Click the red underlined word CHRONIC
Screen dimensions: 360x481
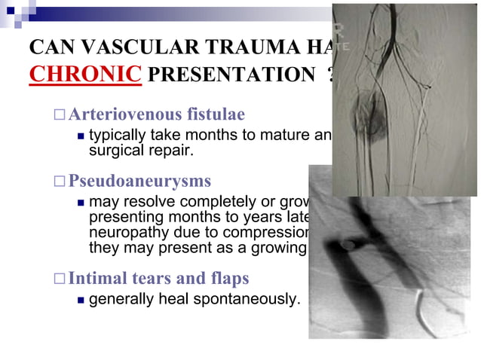(x=84, y=75)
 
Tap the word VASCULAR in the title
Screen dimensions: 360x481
(x=135, y=47)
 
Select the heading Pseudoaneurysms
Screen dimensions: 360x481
(x=139, y=182)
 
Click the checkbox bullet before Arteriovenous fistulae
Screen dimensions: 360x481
(x=60, y=115)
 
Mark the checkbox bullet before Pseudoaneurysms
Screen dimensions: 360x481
(x=60, y=182)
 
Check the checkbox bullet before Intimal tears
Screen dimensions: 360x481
(x=60, y=279)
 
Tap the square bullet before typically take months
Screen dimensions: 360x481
(x=80, y=136)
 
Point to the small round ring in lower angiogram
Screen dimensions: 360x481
(x=348, y=244)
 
